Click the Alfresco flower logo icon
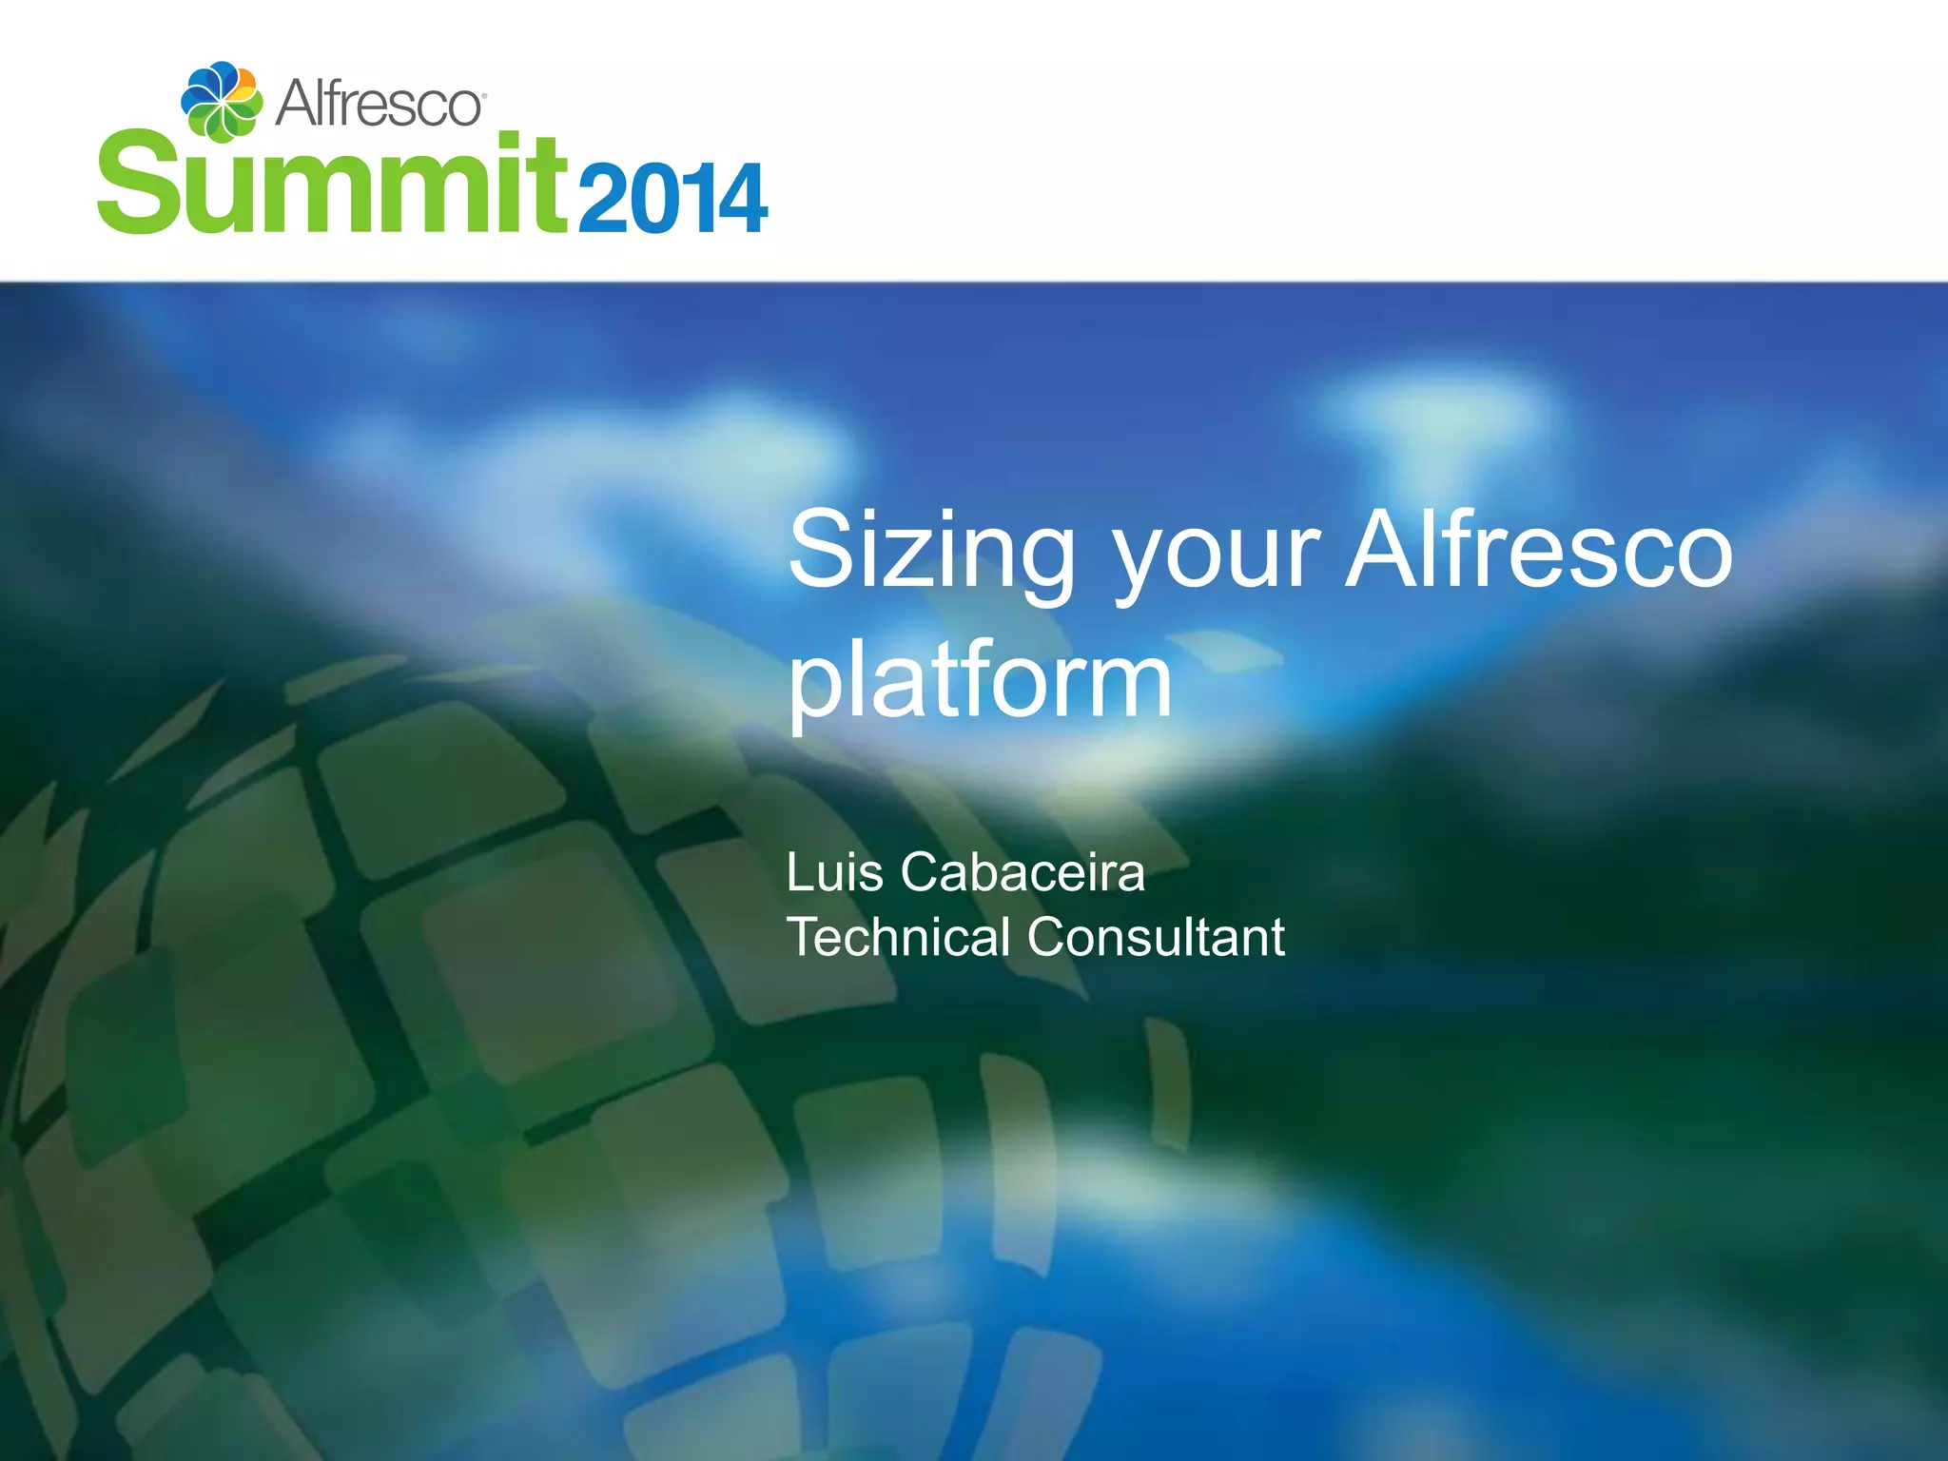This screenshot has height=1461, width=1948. [x=222, y=101]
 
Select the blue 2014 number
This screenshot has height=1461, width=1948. [x=671, y=198]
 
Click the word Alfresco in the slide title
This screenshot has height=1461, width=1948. [x=1539, y=551]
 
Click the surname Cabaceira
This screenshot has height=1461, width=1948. [x=1023, y=872]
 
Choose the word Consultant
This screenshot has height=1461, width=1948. [x=1156, y=937]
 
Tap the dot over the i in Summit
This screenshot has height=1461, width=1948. [x=511, y=144]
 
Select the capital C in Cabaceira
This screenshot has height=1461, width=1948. [x=922, y=872]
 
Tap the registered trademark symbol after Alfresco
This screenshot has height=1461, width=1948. [x=484, y=96]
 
